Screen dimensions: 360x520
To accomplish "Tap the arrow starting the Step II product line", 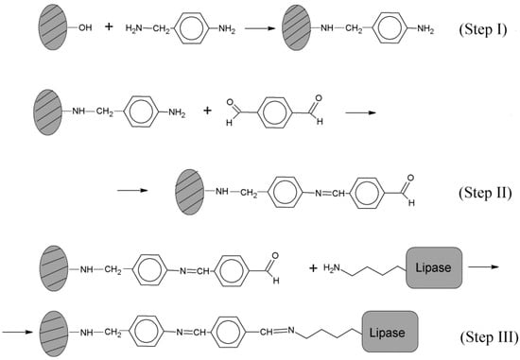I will point(132,190).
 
